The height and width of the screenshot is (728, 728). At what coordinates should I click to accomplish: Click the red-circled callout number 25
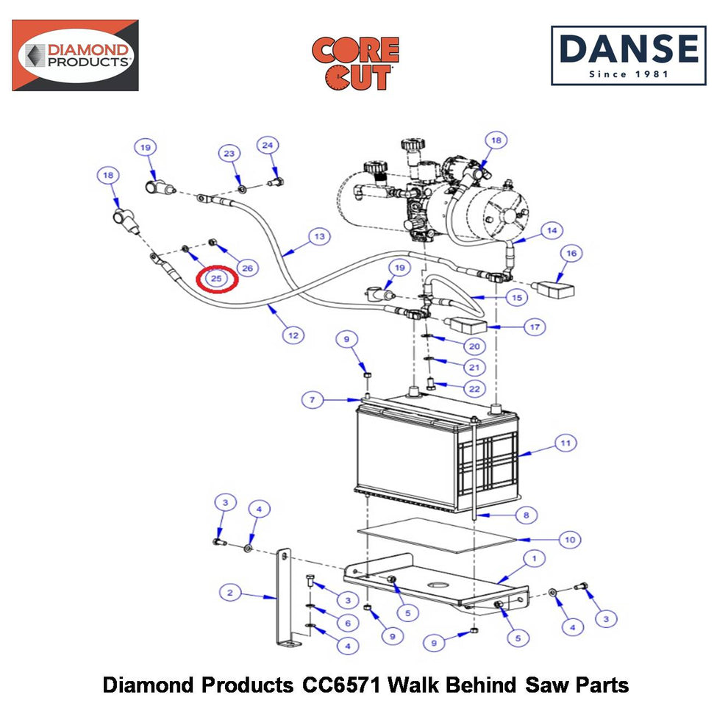click(x=216, y=279)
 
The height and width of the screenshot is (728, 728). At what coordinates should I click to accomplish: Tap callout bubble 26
click(x=248, y=268)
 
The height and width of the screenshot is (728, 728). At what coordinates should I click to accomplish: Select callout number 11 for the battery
click(x=565, y=443)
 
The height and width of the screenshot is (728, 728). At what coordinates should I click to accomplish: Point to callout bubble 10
click(x=570, y=540)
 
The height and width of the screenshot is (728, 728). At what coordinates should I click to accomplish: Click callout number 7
click(x=313, y=400)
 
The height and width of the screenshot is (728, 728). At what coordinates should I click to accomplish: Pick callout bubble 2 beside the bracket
click(x=230, y=593)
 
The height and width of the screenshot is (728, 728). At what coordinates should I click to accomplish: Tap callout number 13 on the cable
click(x=319, y=236)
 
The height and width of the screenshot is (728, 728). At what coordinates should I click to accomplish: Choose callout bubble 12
click(x=293, y=335)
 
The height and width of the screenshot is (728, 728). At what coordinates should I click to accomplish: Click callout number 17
click(x=535, y=326)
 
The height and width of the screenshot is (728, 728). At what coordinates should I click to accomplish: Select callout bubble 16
click(x=571, y=253)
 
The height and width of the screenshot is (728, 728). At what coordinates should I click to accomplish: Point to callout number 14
click(x=552, y=230)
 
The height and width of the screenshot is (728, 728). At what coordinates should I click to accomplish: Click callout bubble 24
click(x=268, y=146)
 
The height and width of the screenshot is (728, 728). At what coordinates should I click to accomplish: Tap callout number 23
click(x=229, y=154)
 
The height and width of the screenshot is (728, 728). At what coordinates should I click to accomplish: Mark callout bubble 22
click(x=474, y=388)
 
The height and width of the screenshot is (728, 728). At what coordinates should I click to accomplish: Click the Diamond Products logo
click(x=75, y=55)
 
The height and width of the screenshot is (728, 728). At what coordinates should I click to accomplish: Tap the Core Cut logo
click(x=356, y=63)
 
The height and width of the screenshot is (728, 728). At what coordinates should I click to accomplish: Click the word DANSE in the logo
click(x=629, y=49)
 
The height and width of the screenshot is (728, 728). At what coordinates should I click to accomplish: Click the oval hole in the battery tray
click(x=437, y=584)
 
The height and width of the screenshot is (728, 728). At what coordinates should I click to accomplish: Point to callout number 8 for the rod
click(x=526, y=515)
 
